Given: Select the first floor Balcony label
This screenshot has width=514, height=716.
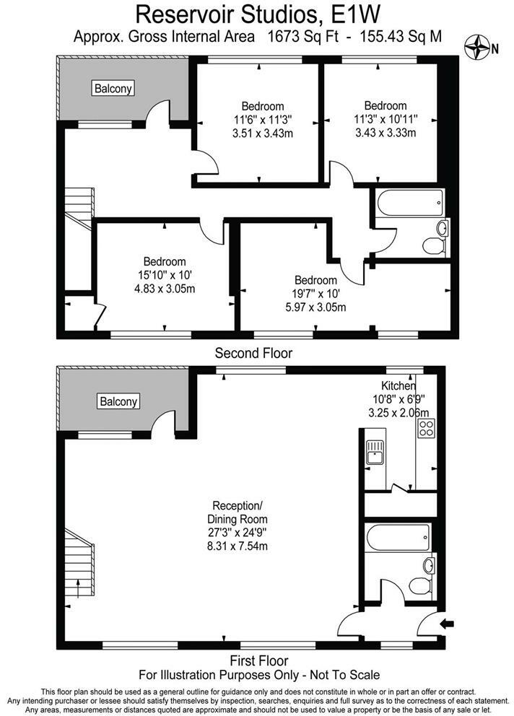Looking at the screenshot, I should [x=119, y=401].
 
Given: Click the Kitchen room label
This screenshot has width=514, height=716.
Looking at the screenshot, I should [x=398, y=386].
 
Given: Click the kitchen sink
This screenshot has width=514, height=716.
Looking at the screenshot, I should [x=374, y=453].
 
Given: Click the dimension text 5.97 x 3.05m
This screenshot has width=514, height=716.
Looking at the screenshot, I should [x=315, y=307].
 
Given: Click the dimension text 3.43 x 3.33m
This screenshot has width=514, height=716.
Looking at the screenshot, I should [x=385, y=132].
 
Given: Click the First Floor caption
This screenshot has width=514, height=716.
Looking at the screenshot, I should [x=259, y=660].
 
